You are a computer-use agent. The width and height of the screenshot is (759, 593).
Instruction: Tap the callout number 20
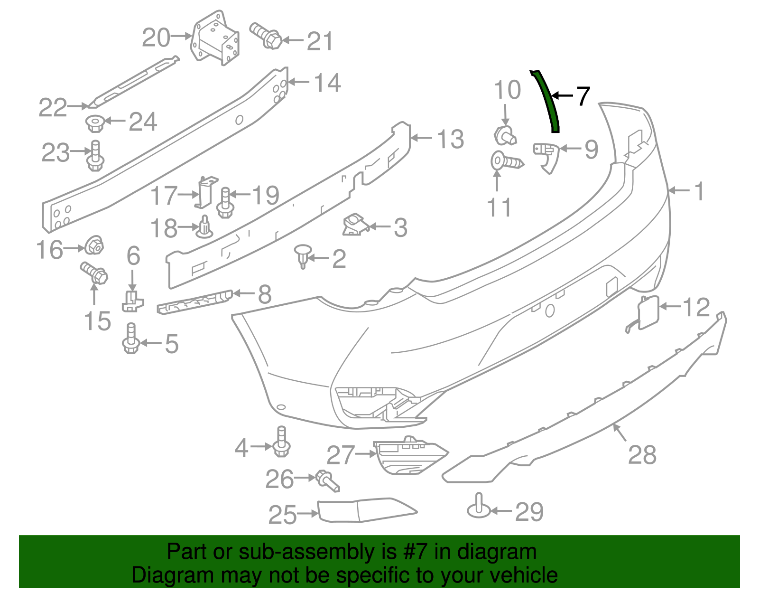pos(156,38)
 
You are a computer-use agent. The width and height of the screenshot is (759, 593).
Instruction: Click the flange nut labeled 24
pos(95,123)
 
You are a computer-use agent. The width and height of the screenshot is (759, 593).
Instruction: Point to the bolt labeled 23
pos(95,156)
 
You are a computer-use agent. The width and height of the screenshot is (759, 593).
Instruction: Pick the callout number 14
pos(327,83)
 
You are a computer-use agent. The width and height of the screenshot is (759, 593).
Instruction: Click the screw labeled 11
pos(506,161)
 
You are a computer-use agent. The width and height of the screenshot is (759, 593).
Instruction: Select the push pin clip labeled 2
pos(302,255)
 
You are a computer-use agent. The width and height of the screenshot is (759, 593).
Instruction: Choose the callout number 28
pos(642,455)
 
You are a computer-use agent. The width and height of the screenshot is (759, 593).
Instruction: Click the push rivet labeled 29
pos(479,508)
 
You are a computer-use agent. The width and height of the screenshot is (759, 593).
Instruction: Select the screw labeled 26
pos(328,481)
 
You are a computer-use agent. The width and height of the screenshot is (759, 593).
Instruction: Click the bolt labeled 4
pos(282,442)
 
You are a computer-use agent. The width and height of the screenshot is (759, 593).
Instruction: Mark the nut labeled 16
pos(94,245)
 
